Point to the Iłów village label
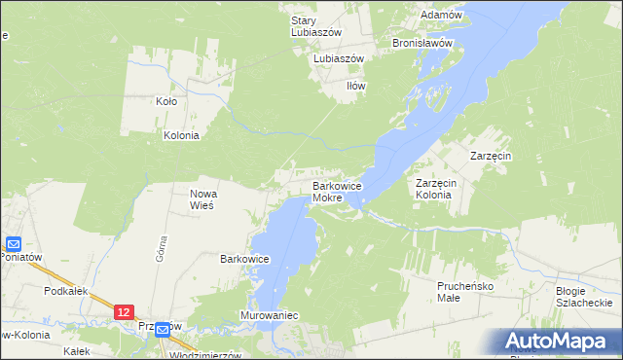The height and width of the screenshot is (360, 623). pyautogui.click(x=356, y=86)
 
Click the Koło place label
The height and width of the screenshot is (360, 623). pyautogui.click(x=166, y=100)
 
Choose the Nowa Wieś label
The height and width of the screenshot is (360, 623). pyautogui.click(x=202, y=199)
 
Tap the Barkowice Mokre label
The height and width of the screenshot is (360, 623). pyautogui.click(x=338, y=192)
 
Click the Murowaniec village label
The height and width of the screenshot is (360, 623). pyautogui.click(x=269, y=316)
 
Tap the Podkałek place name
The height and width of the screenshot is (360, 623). pyautogui.click(x=60, y=290)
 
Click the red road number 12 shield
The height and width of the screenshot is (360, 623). pyautogui.click(x=123, y=311)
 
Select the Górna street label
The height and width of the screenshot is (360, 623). pyautogui.click(x=162, y=251)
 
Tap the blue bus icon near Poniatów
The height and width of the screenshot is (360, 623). pyautogui.click(x=14, y=243)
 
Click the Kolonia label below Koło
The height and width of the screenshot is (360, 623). pyautogui.click(x=181, y=135)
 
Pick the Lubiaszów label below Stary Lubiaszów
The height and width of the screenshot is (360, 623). pyautogui.click(x=338, y=58)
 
